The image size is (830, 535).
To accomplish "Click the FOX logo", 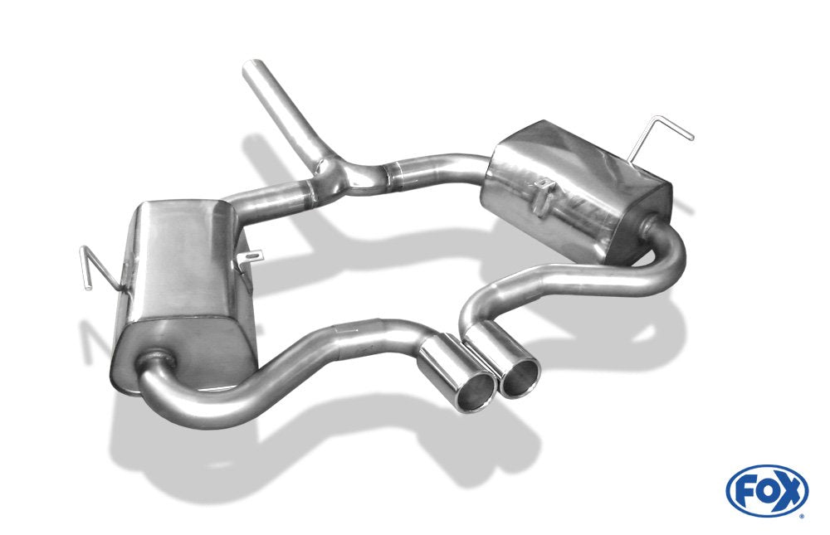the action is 767,490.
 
